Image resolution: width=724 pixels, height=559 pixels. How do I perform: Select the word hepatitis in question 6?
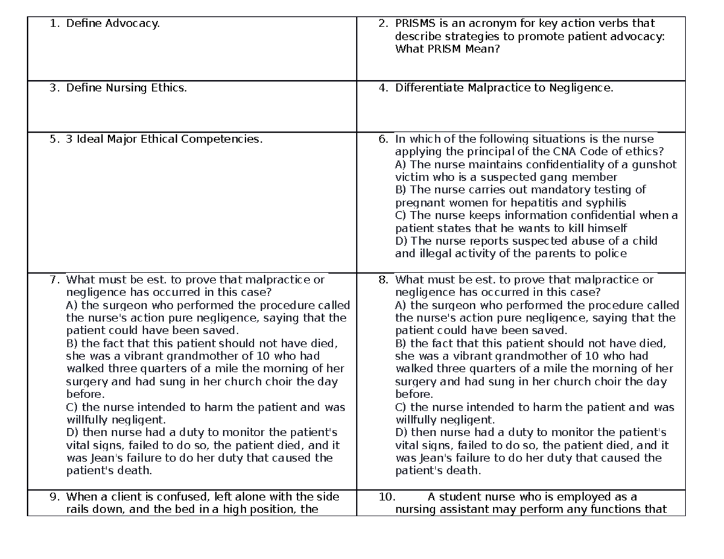pyautogui.click(x=535, y=203)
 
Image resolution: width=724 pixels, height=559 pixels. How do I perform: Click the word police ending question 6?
pyautogui.click(x=611, y=253)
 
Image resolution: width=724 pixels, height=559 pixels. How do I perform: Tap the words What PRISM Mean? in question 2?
pyautogui.click(x=447, y=49)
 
